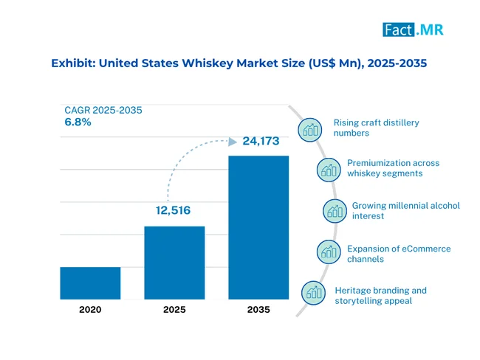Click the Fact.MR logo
pyautogui.click(x=413, y=30)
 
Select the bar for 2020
pyautogui.click(x=90, y=283)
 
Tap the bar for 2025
pyautogui.click(x=174, y=263)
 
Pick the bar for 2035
pyautogui.click(x=258, y=227)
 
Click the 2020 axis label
pyautogui.click(x=90, y=310)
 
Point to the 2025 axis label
pyautogui.click(x=174, y=310)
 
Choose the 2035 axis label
pyautogui.click(x=258, y=310)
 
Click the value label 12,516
pyautogui.click(x=173, y=210)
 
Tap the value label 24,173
pyautogui.click(x=261, y=141)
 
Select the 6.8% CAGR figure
pyautogui.click(x=78, y=122)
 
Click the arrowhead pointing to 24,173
pyautogui.click(x=233, y=142)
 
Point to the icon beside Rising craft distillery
pyautogui.click(x=310, y=130)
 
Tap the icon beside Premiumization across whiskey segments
pyautogui.click(x=329, y=170)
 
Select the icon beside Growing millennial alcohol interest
pyautogui.click(x=335, y=211)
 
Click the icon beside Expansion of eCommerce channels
pyautogui.click(x=329, y=252)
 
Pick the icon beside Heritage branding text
pyautogui.click(x=313, y=293)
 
